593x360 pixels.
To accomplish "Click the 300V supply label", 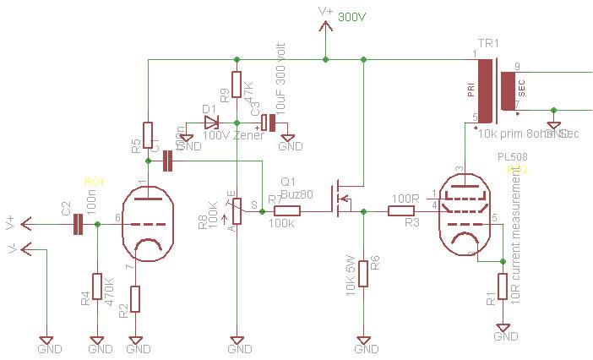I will pos(351,16).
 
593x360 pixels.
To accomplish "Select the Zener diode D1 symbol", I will pos(211,123).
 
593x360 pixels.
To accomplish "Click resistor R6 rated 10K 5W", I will pos(363,273).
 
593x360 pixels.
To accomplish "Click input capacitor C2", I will pos(79,224).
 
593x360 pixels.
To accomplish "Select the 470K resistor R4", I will pos(97,287).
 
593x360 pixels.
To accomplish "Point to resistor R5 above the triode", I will pos(148,134).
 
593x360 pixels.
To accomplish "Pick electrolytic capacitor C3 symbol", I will pos(267,123).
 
